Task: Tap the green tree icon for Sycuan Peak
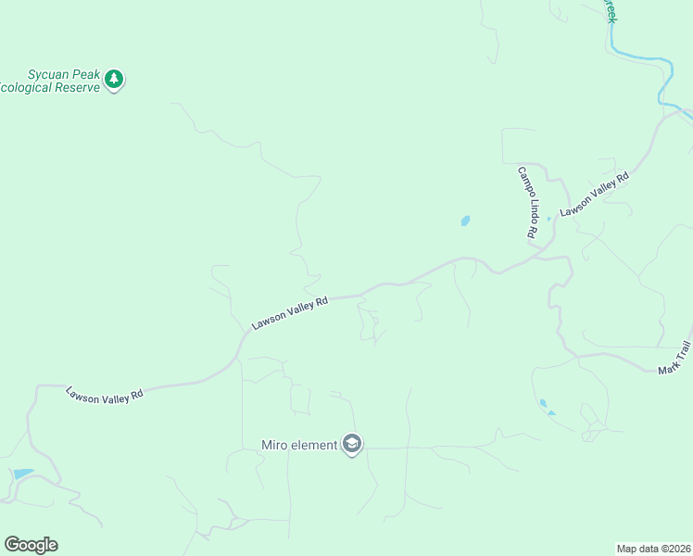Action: tap(114, 80)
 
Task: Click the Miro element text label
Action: tap(299, 446)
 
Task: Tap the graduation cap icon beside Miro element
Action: tap(351, 445)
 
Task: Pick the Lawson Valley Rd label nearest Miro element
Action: tap(290, 313)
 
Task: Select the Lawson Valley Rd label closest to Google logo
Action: tap(104, 393)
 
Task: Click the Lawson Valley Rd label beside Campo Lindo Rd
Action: tap(594, 195)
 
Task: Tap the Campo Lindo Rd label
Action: tap(526, 204)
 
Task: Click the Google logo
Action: tap(31, 545)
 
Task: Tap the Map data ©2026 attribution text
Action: tap(653, 548)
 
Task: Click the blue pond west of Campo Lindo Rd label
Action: tap(465, 221)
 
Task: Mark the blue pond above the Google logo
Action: tap(22, 474)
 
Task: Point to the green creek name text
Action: tap(611, 11)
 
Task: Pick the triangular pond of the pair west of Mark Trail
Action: tap(550, 412)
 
